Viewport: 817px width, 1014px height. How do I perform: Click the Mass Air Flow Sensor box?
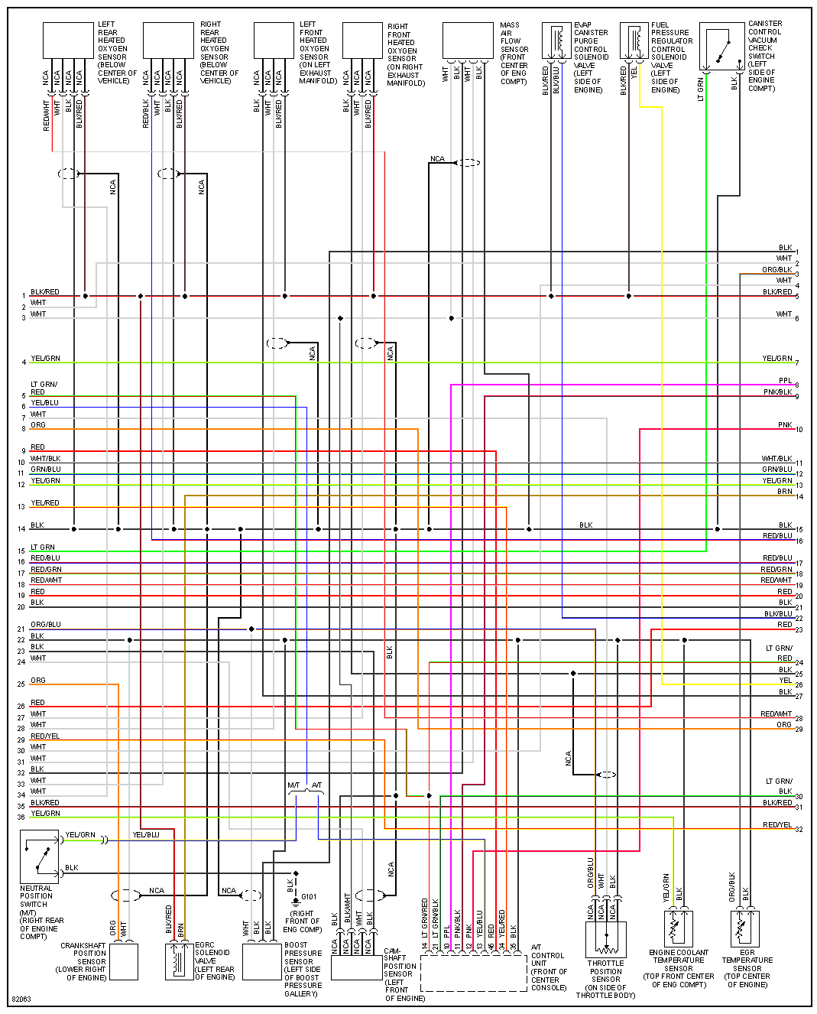point(468,40)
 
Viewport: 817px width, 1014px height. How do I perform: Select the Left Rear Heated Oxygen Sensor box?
point(68,40)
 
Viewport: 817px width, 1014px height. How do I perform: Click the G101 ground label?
point(309,897)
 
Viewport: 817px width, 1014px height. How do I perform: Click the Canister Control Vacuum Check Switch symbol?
point(721,46)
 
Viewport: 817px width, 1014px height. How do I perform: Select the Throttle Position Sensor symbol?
point(606,939)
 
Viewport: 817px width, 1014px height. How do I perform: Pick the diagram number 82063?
point(21,999)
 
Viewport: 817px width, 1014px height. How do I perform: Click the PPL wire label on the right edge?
point(785,380)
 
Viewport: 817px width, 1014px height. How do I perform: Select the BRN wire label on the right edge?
point(784,492)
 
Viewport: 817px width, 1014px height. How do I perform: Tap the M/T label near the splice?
point(294,785)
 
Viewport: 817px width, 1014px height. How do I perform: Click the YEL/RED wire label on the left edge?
point(45,503)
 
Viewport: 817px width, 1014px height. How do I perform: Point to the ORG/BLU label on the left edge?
point(45,625)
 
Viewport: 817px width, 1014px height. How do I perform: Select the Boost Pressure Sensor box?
point(262,962)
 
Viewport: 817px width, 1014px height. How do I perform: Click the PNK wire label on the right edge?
point(785,425)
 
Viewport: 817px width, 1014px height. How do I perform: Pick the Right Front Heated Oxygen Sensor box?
point(362,40)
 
